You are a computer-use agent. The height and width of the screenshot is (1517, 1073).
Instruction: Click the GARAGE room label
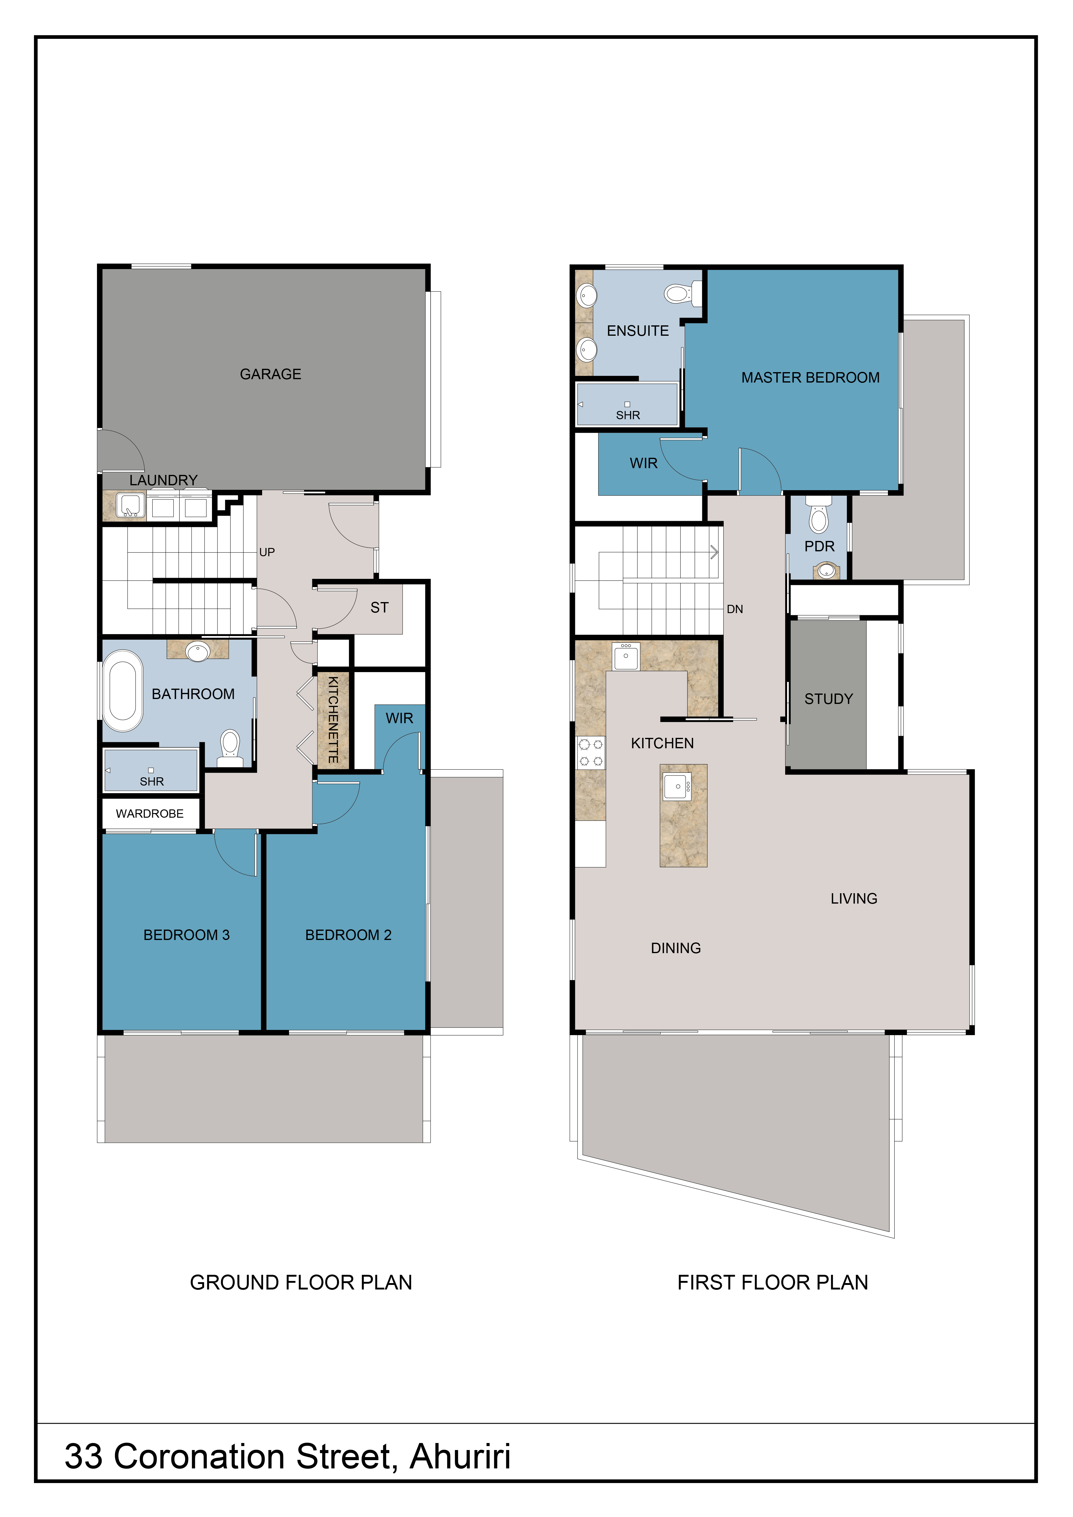(x=270, y=374)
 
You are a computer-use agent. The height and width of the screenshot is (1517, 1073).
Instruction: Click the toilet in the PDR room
(x=819, y=516)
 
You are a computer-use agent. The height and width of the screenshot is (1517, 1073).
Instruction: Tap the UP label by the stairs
(x=267, y=552)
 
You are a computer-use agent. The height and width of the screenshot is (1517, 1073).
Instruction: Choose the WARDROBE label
(x=150, y=813)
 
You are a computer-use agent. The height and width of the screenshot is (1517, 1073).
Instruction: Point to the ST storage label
(x=379, y=607)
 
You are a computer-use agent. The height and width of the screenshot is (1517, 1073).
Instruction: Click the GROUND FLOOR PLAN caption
(x=301, y=1282)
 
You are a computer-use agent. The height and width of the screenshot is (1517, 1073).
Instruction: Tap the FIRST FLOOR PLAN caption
(x=772, y=1282)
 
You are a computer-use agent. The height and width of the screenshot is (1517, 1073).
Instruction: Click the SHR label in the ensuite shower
(x=628, y=415)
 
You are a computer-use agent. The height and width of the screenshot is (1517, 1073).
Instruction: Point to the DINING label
(x=676, y=948)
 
